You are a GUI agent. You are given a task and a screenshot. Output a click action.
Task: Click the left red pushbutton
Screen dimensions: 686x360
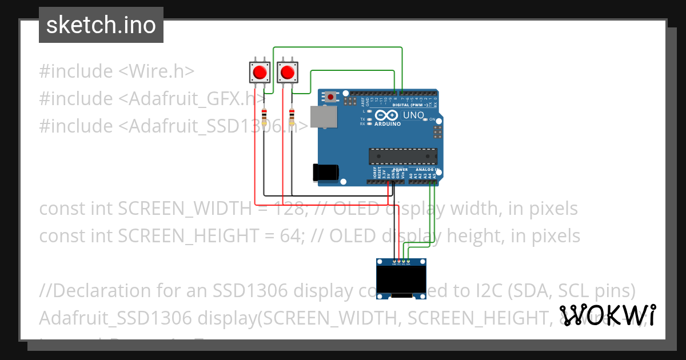click(260, 73)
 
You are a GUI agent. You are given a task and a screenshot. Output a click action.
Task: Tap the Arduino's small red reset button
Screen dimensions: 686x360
click(331, 97)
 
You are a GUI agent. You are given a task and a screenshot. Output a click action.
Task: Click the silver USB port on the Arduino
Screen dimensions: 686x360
click(323, 117)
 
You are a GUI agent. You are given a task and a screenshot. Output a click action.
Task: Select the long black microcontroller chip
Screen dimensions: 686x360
click(403, 155)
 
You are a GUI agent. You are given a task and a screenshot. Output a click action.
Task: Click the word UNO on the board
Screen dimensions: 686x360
click(414, 115)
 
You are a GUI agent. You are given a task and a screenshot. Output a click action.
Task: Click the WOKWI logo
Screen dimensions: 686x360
click(608, 315)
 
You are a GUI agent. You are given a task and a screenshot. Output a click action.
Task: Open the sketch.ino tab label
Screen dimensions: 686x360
click(101, 25)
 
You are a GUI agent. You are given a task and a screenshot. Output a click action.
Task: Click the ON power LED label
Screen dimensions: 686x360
click(432, 119)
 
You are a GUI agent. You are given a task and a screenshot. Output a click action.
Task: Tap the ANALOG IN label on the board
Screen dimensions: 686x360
click(424, 170)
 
